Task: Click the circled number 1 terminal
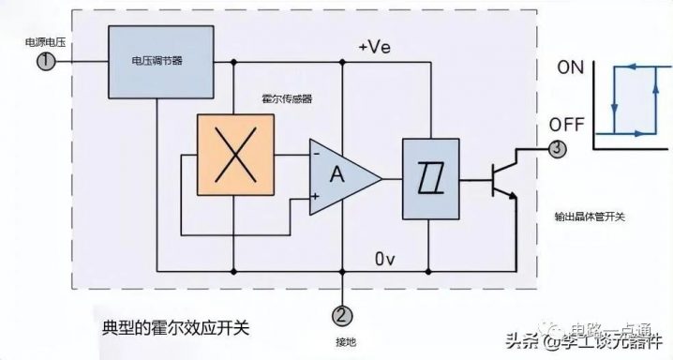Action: pos(45,61)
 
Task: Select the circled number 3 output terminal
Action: pos(558,148)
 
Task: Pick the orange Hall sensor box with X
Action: pos(233,156)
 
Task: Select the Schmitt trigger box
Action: pos(429,176)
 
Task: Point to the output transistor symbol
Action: pos(503,177)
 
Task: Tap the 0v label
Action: pos(387,257)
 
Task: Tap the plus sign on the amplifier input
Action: pos(316,196)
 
